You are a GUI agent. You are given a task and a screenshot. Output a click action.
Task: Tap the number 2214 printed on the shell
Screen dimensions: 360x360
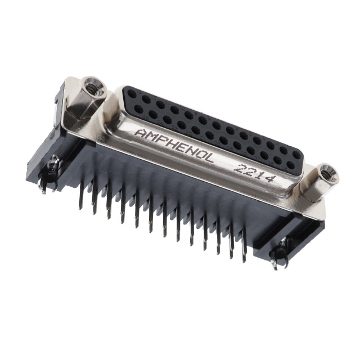(254, 173)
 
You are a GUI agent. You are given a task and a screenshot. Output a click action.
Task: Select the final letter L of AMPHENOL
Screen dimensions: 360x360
(208, 158)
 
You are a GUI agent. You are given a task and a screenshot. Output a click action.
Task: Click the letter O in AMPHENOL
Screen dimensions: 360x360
(199, 155)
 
